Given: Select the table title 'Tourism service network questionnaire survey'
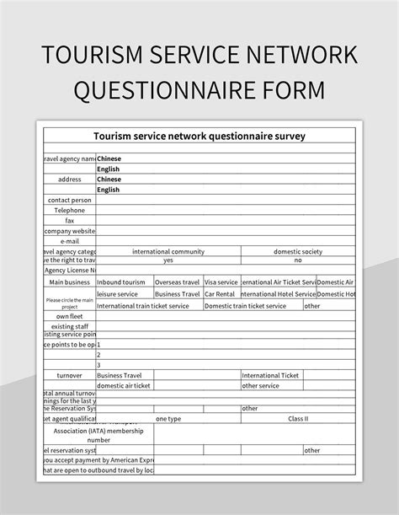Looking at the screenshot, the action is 199,135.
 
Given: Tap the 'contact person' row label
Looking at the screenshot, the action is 70,200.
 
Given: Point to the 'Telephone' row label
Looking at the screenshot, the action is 70,210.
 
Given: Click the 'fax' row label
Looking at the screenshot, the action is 70,220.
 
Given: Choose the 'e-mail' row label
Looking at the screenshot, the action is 70,240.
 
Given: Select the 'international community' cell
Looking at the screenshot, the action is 168,251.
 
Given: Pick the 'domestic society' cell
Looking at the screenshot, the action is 298,251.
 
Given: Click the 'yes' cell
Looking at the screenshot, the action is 168,260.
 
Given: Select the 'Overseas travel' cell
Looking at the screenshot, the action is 177,282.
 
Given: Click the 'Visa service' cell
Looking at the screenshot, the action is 221,282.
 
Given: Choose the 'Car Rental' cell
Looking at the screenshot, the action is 221,294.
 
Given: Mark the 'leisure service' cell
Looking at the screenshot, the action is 118,294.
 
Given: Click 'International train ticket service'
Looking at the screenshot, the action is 143,306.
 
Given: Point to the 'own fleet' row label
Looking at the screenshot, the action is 70,316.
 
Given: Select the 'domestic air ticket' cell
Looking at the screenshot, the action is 124,385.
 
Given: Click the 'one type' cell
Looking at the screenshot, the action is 168,418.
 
